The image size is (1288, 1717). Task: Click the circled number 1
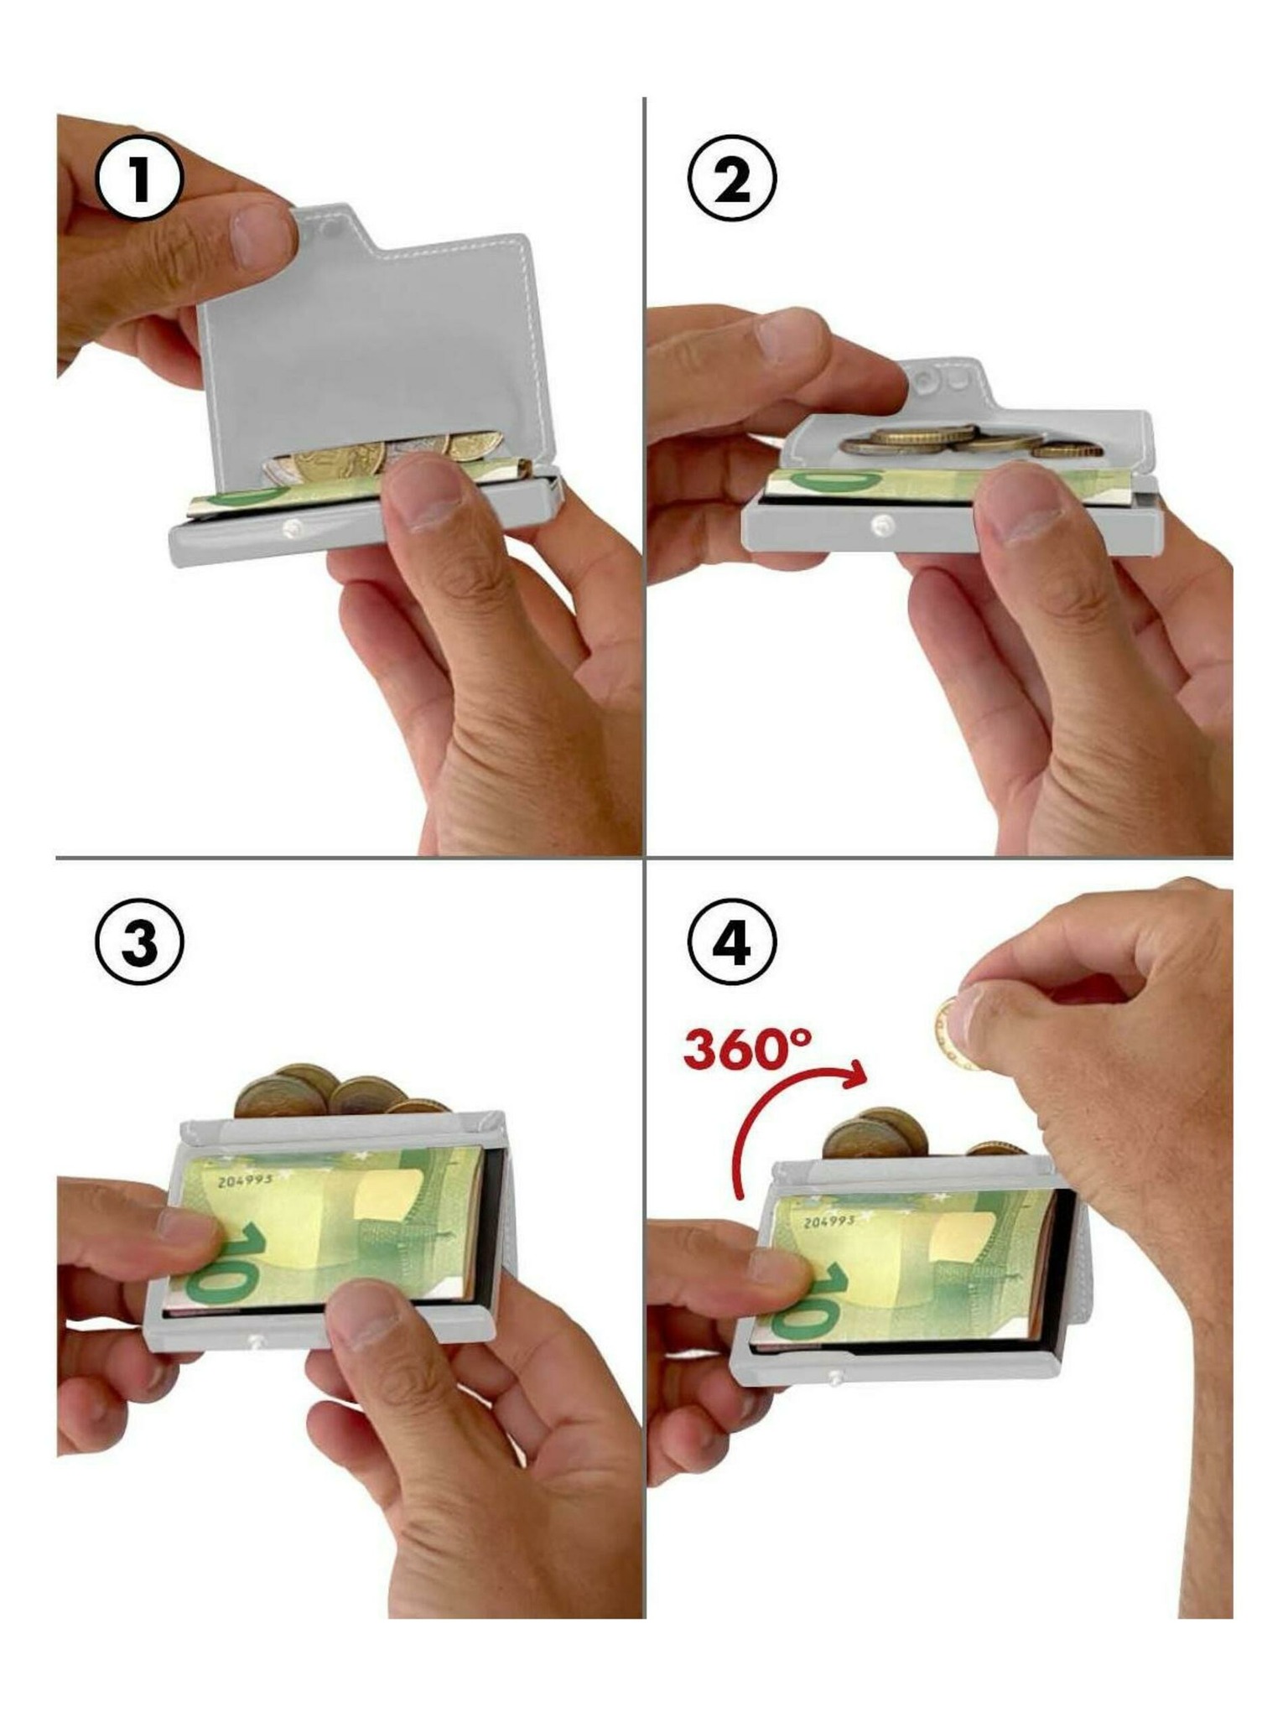pos(138,179)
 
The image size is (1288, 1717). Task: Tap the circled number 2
pos(732,179)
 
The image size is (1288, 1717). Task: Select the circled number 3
pos(139,941)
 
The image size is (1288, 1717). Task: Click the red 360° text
pos(748,1047)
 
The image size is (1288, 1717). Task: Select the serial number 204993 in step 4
pos(829,1222)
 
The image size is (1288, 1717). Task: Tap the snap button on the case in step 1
pos(293,527)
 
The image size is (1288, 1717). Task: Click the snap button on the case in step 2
pos(881,526)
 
